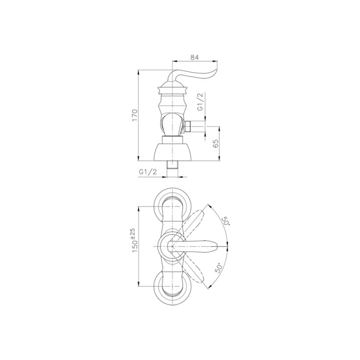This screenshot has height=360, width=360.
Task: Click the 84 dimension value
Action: [194, 57]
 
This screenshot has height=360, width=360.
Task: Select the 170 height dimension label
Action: [135, 115]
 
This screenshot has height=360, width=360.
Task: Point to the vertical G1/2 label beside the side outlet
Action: [200, 102]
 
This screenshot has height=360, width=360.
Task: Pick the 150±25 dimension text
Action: [135, 240]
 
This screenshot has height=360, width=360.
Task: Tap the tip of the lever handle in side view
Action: [217, 69]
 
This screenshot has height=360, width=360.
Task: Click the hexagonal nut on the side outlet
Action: [188, 126]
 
